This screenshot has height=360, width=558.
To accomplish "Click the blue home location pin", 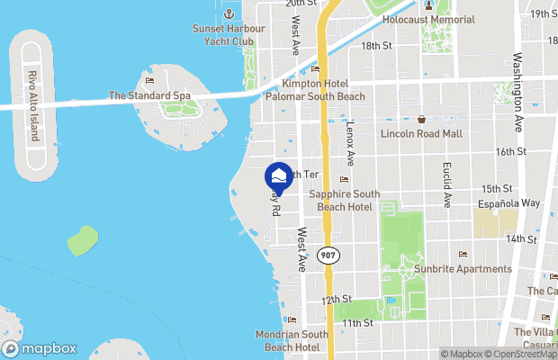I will point(280,176).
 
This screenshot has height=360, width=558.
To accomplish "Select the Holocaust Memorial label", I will point(428,20).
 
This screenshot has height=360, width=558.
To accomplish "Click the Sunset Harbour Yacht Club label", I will point(229,34).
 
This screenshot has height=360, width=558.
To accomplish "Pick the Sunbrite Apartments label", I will point(463,268).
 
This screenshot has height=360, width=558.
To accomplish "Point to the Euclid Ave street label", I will point(447,184).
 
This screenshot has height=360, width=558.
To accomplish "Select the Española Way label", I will point(509,204).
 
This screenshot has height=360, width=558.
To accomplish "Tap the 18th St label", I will point(376,45).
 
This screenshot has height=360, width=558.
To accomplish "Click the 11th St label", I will point(356,322).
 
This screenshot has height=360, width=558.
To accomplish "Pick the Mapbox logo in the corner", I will point(39,348).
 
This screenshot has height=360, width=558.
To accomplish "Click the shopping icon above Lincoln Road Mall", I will point(421,119).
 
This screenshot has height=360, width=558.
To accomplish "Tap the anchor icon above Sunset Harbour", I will point(229,14).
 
